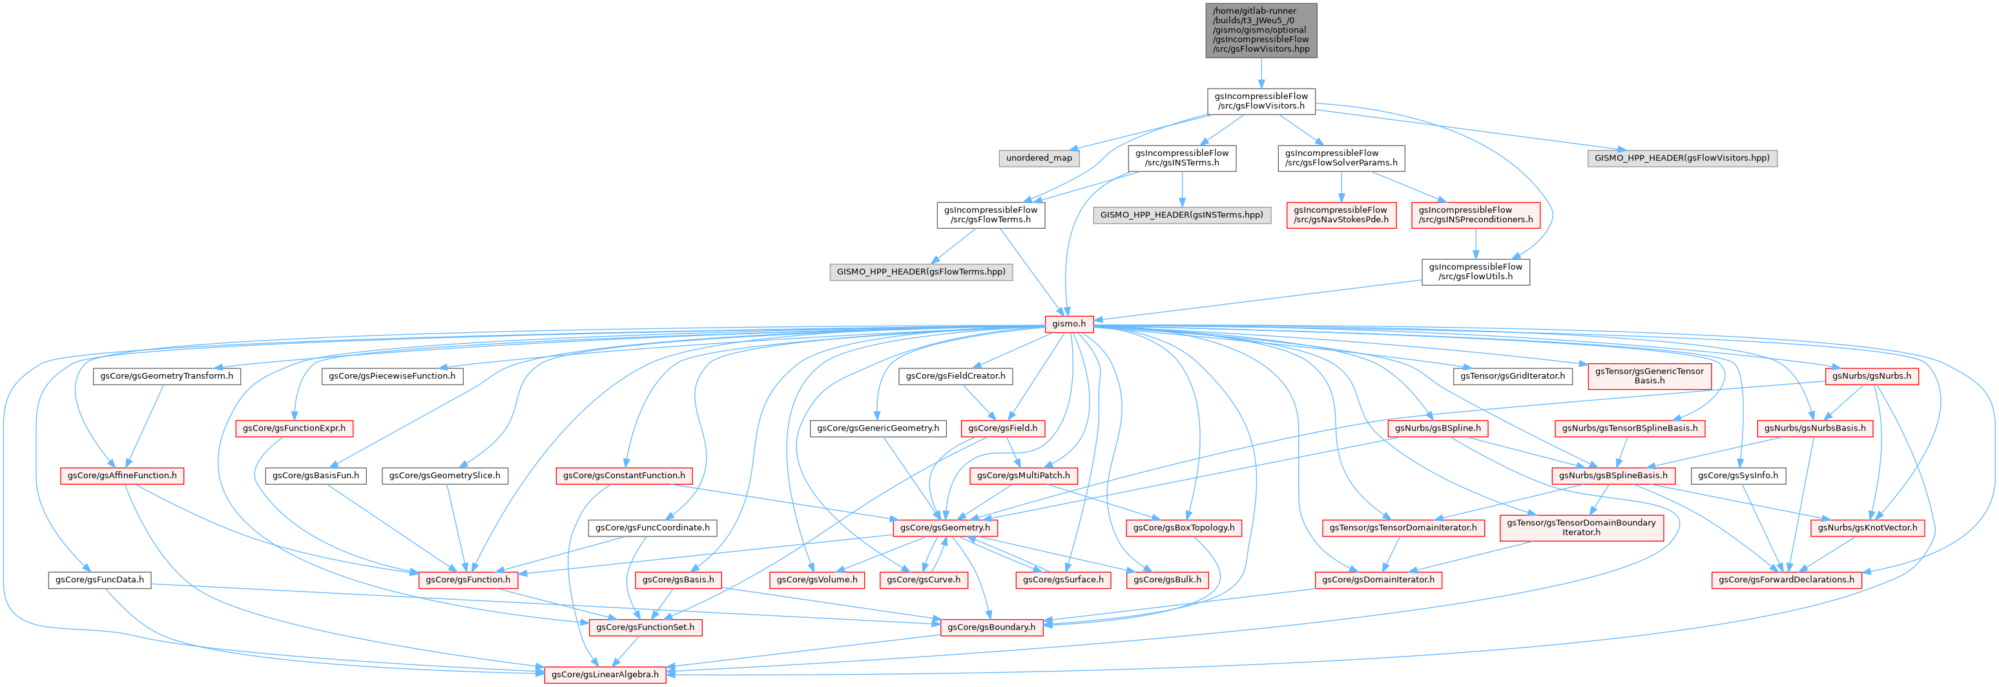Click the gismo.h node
(1068, 324)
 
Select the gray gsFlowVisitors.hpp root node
(1261, 30)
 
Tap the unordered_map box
(1039, 158)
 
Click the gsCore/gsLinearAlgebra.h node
(605, 675)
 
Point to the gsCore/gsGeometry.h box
(944, 528)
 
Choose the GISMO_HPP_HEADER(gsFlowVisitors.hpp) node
(1682, 158)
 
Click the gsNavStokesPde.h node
(1340, 215)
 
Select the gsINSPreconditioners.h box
(1475, 215)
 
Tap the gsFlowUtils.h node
(1475, 271)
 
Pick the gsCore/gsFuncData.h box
(99, 580)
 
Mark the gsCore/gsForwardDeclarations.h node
(1786, 580)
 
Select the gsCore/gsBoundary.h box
(991, 628)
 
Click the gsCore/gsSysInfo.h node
(1737, 476)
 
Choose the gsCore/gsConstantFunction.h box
(623, 476)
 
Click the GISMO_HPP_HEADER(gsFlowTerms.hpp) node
(920, 271)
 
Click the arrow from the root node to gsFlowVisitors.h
(1261, 73)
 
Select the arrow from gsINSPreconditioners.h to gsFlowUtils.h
(1475, 244)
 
